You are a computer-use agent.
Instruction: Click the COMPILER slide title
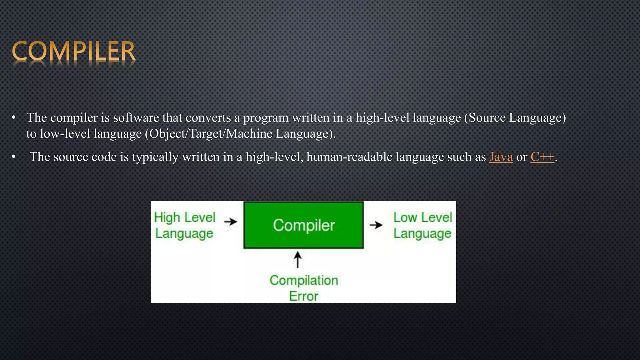tap(73, 51)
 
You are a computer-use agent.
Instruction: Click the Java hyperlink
tap(501, 157)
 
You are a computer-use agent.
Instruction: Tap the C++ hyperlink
tap(542, 157)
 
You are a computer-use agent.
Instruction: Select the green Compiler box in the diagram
tap(303, 225)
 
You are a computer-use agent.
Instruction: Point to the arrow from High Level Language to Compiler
tap(231, 222)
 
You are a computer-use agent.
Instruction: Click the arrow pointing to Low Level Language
tap(376, 225)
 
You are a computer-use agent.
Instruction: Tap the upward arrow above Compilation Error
tap(297, 260)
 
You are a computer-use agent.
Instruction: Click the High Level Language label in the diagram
tap(185, 225)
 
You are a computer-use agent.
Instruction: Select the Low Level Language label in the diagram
tap(422, 225)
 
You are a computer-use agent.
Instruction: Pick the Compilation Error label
tap(303, 288)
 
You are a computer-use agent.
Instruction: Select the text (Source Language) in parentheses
tap(515, 118)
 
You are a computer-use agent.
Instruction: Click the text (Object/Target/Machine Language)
tap(240, 134)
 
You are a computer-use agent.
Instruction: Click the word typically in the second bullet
tap(155, 157)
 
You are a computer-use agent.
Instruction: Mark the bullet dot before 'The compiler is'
tap(13, 118)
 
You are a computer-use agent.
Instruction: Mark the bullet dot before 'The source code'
tap(13, 157)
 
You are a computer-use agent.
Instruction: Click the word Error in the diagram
tap(303, 296)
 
